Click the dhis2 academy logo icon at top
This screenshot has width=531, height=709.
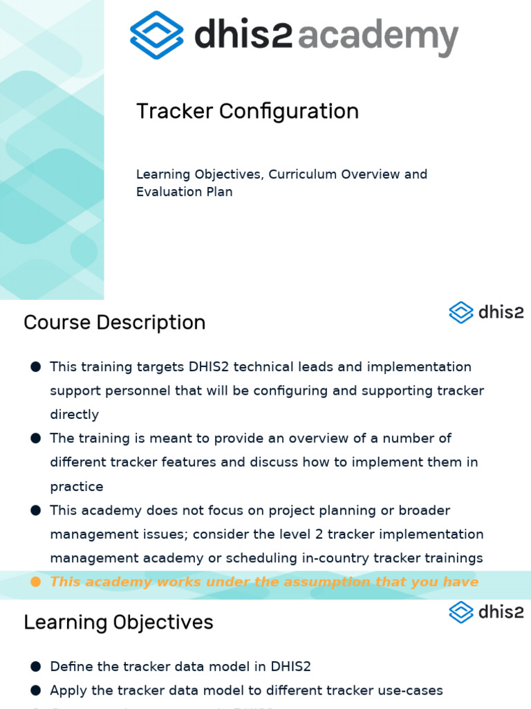coord(157,35)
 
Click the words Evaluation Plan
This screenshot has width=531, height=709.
coord(184,192)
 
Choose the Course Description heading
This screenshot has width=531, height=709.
coord(114,323)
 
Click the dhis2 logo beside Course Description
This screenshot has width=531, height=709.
coord(486,312)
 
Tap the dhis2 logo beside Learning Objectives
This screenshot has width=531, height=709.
coord(486,612)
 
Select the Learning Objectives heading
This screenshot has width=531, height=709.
coord(118,622)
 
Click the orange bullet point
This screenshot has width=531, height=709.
coord(36,582)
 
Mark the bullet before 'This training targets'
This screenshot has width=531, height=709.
coord(36,367)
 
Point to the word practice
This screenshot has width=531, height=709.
coord(77,487)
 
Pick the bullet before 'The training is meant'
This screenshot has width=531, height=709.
coord(36,438)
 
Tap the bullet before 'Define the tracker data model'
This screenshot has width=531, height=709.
coord(36,667)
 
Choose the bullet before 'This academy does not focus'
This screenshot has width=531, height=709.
coord(36,510)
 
